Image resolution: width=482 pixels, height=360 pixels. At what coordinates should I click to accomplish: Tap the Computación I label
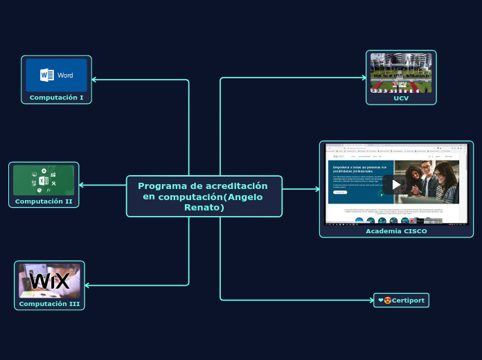point(56,98)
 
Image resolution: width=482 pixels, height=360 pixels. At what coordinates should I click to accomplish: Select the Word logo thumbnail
point(57,75)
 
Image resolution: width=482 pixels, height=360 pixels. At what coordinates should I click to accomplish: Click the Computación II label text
point(44,201)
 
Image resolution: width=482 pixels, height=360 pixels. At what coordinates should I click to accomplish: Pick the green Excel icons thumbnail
point(44,180)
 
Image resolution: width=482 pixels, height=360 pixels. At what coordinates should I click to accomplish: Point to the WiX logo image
point(50,280)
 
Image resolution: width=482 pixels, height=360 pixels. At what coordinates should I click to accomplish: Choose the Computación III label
point(49,304)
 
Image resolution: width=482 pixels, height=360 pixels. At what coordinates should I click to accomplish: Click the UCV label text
point(401,98)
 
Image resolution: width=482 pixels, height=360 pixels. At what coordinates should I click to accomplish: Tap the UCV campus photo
point(401,72)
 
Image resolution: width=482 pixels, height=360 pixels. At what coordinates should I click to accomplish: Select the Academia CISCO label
point(396,231)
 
